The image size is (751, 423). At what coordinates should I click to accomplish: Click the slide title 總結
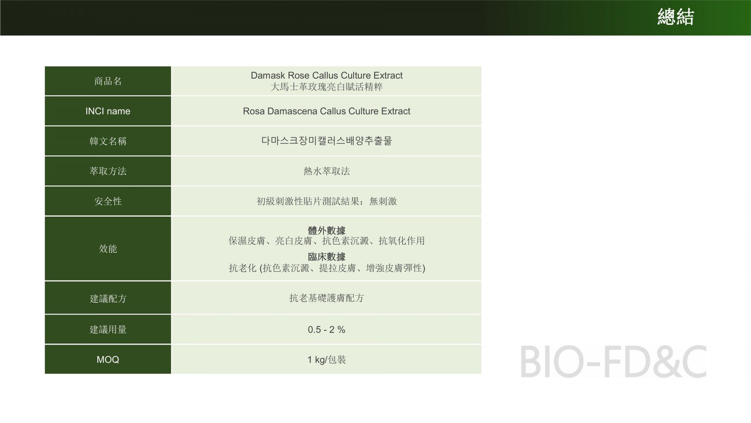[x=676, y=17]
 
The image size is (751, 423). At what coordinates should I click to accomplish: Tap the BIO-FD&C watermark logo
[x=613, y=361]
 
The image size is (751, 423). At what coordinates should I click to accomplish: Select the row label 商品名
[x=108, y=81]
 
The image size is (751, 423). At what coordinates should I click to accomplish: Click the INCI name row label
[x=108, y=111]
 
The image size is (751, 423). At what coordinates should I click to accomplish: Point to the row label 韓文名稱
[x=108, y=141]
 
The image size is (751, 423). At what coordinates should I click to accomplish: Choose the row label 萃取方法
[x=108, y=171]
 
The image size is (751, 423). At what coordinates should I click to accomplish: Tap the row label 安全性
[x=108, y=201]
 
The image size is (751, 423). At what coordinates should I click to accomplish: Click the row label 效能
[x=108, y=249]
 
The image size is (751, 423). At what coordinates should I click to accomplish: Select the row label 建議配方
[x=108, y=298]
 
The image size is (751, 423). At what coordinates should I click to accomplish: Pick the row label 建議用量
[x=108, y=329]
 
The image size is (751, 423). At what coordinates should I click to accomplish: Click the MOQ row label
[x=108, y=360]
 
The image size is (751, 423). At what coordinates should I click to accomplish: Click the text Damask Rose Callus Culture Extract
[x=327, y=75]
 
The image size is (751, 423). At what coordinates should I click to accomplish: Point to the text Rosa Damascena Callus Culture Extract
[x=327, y=111]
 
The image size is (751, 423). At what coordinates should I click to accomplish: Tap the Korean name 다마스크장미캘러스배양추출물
[x=327, y=141]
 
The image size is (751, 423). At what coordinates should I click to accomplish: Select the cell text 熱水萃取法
[x=327, y=171]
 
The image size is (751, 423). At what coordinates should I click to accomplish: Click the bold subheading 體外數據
[x=327, y=230]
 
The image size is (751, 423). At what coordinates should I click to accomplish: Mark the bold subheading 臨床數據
[x=327, y=257]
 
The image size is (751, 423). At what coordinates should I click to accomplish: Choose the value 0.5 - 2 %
[x=327, y=330]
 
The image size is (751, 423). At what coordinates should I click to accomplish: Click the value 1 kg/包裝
[x=327, y=360]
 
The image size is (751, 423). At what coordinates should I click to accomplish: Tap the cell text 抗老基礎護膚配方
[x=327, y=298]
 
